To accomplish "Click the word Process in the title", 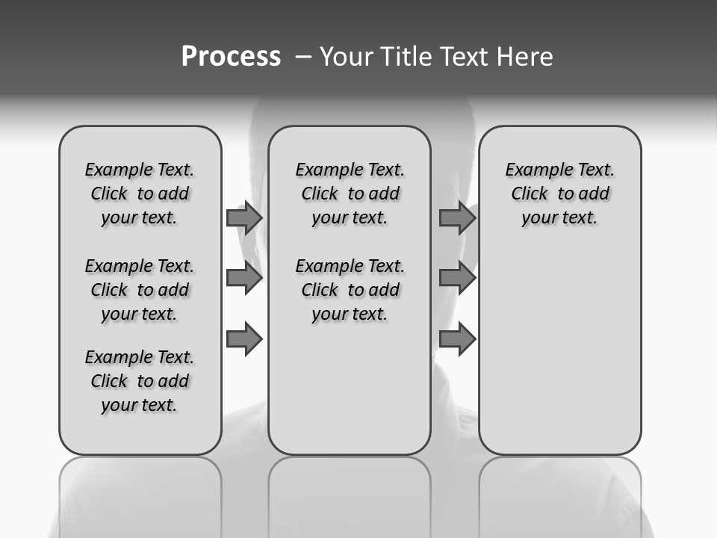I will pyautogui.click(x=231, y=57).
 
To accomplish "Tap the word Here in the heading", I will pyautogui.click(x=526, y=57).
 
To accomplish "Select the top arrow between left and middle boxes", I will pyautogui.click(x=244, y=217).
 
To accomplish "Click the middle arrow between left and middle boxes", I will pyautogui.click(x=244, y=278).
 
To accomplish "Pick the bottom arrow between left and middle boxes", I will pyautogui.click(x=244, y=339).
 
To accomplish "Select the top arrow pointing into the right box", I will pyautogui.click(x=457, y=217).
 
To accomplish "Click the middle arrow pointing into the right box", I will pyautogui.click(x=457, y=278).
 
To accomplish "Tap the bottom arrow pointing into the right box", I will pyautogui.click(x=457, y=339).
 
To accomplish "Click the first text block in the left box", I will pyautogui.click(x=140, y=194).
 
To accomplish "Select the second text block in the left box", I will pyautogui.click(x=140, y=290).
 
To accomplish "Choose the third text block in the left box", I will pyautogui.click(x=140, y=381).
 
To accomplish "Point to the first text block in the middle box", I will pyautogui.click(x=350, y=194).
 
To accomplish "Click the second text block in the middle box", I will pyautogui.click(x=350, y=290).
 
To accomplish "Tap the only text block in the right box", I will pyautogui.click(x=560, y=194).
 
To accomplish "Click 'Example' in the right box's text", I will pyautogui.click(x=536, y=170).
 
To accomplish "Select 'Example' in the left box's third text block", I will pyautogui.click(x=116, y=358).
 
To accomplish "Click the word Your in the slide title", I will pyautogui.click(x=347, y=57).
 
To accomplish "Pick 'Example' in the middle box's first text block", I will pyautogui.click(x=326, y=170).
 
